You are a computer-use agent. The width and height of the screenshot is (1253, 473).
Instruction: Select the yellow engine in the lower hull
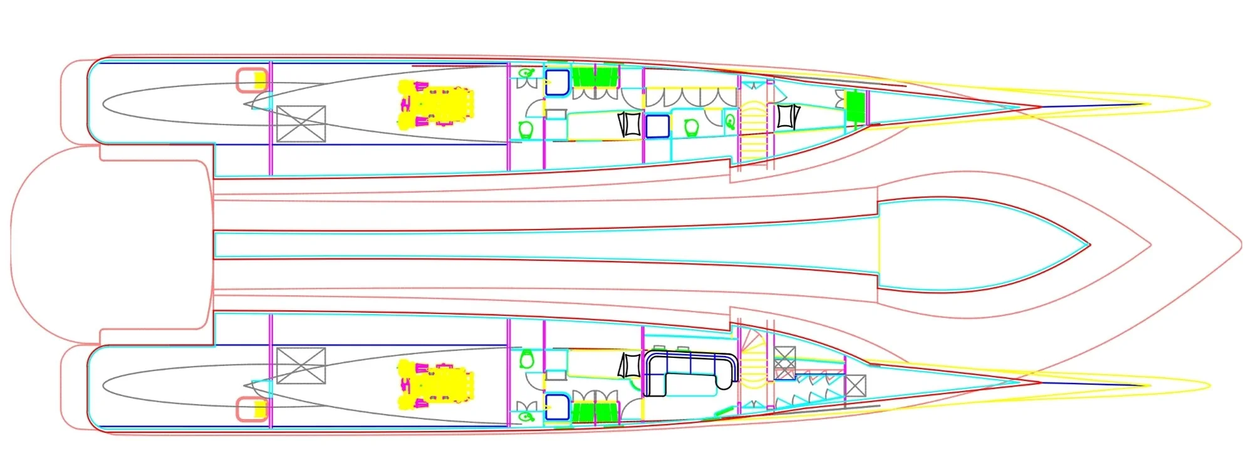pyautogui.click(x=436, y=384)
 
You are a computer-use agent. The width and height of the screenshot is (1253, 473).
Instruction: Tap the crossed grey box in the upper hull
pyautogui.click(x=301, y=124)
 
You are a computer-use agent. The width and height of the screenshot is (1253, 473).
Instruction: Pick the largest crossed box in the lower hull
pyautogui.click(x=301, y=365)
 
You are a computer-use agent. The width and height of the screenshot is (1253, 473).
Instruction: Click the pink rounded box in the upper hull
pyautogui.click(x=252, y=80)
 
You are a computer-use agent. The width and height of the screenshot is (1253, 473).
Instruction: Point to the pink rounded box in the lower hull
pyautogui.click(x=252, y=409)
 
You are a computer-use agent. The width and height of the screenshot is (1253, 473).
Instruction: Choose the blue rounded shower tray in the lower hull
pyautogui.click(x=556, y=407)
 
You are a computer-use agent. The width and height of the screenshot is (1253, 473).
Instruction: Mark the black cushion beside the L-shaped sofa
pyautogui.click(x=628, y=366)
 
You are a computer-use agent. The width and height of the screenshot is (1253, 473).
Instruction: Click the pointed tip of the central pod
pyautogui.click(x=1089, y=245)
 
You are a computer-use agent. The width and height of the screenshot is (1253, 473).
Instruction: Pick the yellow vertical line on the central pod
pyautogui.click(x=879, y=245)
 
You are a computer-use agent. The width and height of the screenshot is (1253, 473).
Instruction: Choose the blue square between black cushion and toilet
pyautogui.click(x=657, y=126)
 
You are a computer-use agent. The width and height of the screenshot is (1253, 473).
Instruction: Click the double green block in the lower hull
pyautogui.click(x=595, y=413)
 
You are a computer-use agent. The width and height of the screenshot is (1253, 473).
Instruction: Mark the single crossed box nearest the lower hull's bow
pyautogui.click(x=855, y=385)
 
